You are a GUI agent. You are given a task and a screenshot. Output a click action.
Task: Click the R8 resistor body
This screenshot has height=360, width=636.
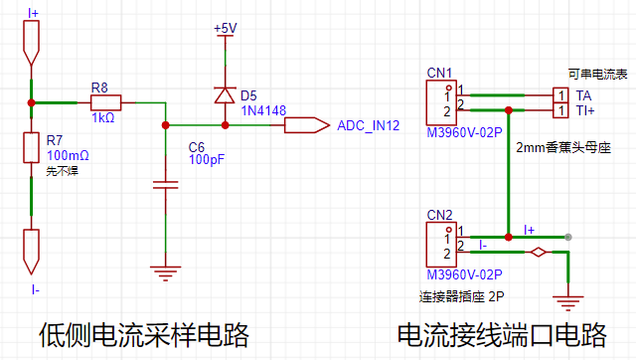pyautogui.click(x=105, y=102)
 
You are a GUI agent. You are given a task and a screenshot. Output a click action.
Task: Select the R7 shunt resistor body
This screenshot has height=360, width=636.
pyautogui.click(x=31, y=147)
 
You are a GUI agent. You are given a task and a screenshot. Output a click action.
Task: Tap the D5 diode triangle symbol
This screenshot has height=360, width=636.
pyautogui.click(x=225, y=94)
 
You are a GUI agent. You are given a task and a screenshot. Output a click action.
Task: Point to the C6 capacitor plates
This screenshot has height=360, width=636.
pyautogui.click(x=166, y=185)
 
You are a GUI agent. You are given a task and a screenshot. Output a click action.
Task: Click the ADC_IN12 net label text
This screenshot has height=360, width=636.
pyautogui.click(x=369, y=125)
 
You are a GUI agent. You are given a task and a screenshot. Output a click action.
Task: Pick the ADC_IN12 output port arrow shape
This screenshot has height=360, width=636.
pyautogui.click(x=307, y=125)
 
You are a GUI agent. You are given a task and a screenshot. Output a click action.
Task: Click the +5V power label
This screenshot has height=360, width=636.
pyautogui.click(x=226, y=28)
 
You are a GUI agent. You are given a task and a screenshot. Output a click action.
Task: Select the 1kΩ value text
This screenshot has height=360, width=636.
pyautogui.click(x=103, y=117)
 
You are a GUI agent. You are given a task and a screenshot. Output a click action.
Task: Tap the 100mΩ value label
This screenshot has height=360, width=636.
pyautogui.click(x=68, y=155)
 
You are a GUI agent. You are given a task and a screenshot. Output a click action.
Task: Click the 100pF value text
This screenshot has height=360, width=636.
pyautogui.click(x=207, y=159)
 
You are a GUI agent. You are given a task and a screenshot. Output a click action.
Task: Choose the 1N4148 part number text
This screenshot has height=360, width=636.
pyautogui.click(x=263, y=110)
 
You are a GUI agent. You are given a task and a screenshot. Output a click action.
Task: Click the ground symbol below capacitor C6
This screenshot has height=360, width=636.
pyautogui.click(x=166, y=273)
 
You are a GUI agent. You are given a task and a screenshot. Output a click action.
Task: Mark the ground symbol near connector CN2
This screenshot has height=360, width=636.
pyautogui.click(x=567, y=303)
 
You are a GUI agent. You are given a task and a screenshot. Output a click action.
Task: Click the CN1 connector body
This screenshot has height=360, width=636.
pyautogui.click(x=441, y=102)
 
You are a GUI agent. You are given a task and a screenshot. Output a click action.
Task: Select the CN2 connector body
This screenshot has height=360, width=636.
pyautogui.click(x=441, y=245)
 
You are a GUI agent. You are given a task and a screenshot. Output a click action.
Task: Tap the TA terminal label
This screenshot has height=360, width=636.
pyautogui.click(x=583, y=95)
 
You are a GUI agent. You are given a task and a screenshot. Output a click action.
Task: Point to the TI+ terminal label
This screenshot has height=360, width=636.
pyautogui.click(x=585, y=110)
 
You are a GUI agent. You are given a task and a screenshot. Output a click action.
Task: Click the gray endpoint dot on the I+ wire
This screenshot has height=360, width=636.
pyautogui.click(x=568, y=237)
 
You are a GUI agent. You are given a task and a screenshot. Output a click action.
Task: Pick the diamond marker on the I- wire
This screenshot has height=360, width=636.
pyautogui.click(x=539, y=252)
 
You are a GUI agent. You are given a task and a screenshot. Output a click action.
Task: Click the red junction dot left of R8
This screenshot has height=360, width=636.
pyautogui.click(x=31, y=102)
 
